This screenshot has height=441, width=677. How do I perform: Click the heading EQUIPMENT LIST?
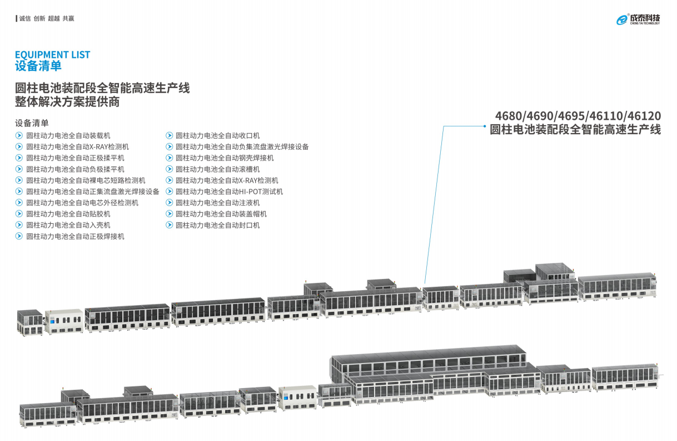click(x=52, y=55)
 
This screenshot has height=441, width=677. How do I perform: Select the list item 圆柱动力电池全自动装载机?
click(x=68, y=135)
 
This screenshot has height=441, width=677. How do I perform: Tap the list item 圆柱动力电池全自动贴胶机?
click(x=68, y=214)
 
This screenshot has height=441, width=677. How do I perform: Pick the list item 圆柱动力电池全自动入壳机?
click(x=68, y=225)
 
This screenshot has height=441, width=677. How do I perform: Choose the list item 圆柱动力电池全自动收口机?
click(x=217, y=135)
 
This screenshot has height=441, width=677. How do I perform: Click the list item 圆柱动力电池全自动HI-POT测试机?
click(x=229, y=192)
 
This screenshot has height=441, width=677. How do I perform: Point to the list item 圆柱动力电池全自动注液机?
click(x=217, y=203)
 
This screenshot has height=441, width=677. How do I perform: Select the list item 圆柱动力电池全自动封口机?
click(x=217, y=225)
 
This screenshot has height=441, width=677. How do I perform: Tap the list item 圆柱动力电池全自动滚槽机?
click(x=217, y=169)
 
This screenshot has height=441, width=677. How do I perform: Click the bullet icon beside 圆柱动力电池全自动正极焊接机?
click(x=19, y=236)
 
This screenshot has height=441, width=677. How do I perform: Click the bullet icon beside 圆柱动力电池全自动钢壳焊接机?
click(x=170, y=158)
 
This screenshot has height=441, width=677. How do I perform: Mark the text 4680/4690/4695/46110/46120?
click(x=578, y=116)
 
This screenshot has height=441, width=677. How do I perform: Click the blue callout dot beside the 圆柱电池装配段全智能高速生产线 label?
click(x=484, y=126)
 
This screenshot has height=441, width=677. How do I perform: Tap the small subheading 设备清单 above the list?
click(x=32, y=122)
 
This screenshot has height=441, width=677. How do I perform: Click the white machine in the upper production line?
click(x=64, y=321)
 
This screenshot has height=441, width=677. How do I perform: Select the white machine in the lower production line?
click(x=297, y=396)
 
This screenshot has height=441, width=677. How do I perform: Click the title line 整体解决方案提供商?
click(x=67, y=102)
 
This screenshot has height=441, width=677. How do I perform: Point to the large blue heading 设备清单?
click(x=38, y=66)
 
